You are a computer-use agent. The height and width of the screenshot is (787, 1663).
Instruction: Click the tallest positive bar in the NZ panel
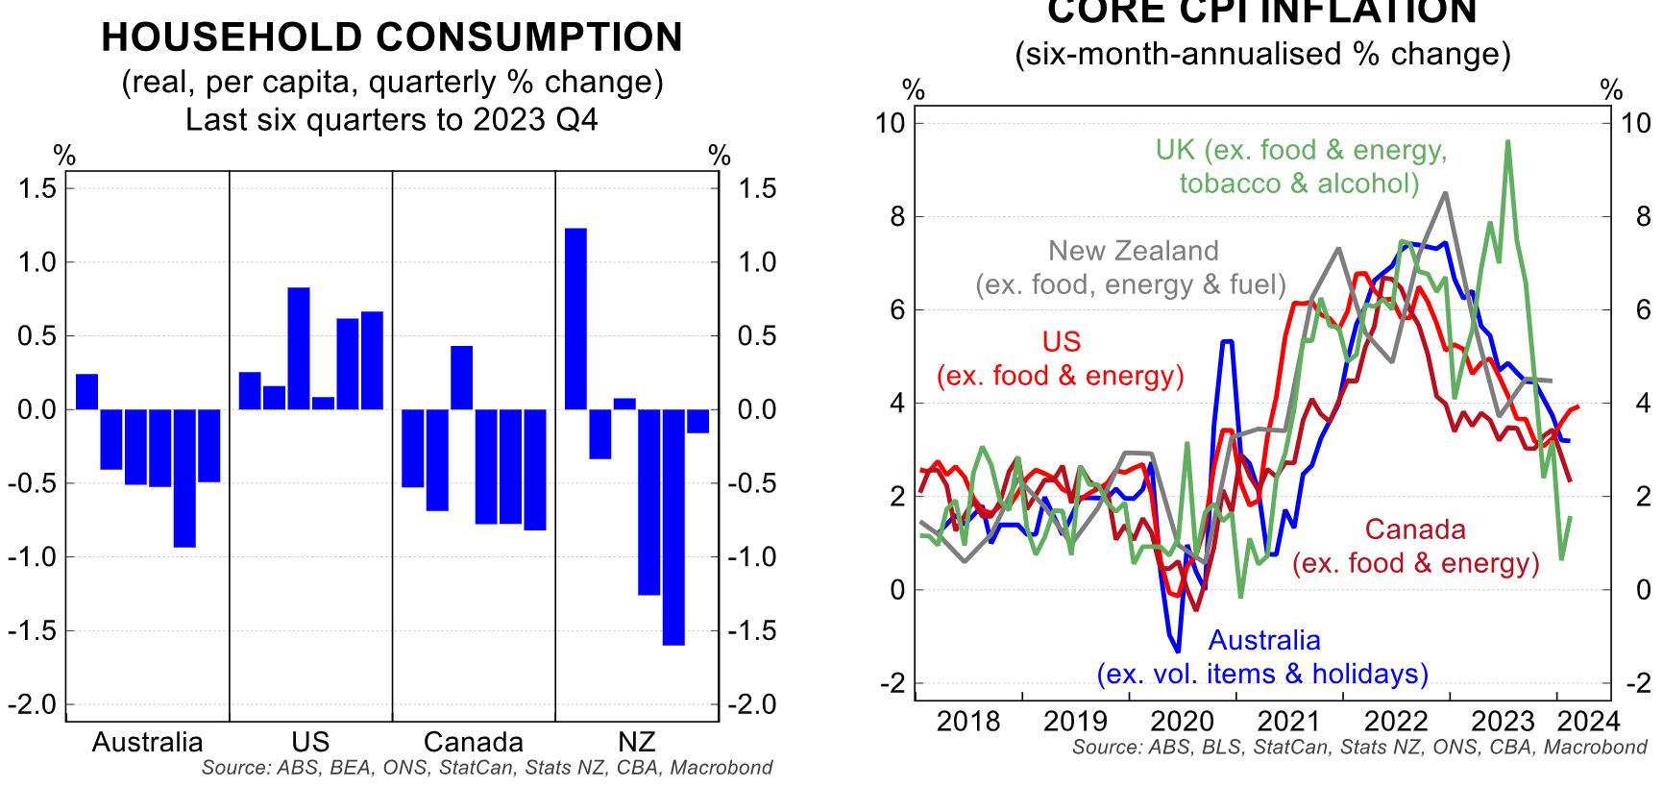[575, 319]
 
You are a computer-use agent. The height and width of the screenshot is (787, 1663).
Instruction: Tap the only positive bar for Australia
[86, 392]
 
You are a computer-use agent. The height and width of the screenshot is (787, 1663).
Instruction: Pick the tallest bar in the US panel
[299, 348]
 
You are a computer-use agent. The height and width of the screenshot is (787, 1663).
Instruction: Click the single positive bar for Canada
[461, 378]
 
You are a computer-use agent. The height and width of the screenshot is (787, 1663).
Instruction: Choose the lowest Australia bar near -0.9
[184, 478]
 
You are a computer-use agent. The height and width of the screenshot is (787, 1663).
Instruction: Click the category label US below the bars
[310, 742]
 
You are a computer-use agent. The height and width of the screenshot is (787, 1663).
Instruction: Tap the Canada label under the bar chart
[473, 742]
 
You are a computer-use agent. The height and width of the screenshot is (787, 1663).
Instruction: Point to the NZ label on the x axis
[636, 742]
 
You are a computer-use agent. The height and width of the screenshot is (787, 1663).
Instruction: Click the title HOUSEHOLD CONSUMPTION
[392, 37]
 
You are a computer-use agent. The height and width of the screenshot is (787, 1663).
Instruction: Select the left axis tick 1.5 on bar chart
[37, 188]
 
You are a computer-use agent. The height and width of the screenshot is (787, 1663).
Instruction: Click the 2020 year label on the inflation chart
[1183, 721]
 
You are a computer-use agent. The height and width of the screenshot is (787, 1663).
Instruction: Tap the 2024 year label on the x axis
[1588, 721]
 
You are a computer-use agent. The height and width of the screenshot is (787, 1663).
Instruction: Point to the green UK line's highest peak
[1508, 142]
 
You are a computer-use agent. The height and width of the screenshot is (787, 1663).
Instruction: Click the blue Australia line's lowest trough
[1178, 652]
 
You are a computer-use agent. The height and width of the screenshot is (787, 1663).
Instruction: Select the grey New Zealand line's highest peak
[1445, 193]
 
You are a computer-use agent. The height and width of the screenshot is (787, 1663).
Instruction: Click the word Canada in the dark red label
[1415, 529]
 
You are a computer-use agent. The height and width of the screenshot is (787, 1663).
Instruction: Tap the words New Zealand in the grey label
[1133, 251]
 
